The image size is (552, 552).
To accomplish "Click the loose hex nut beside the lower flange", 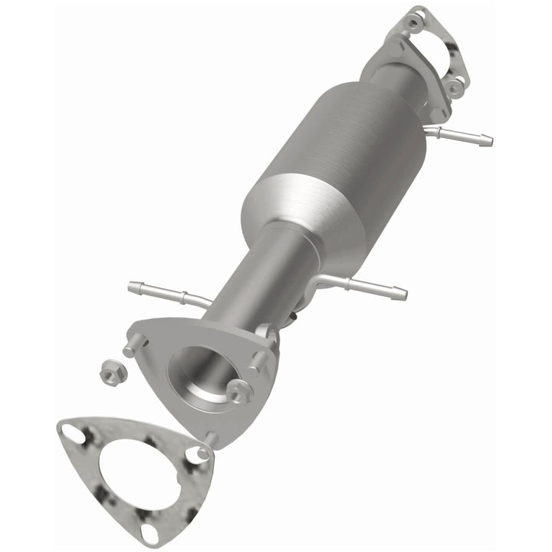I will click(111, 372).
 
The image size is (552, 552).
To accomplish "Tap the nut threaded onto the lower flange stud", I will click(239, 391).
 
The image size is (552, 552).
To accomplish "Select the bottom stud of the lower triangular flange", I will click(211, 438).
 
